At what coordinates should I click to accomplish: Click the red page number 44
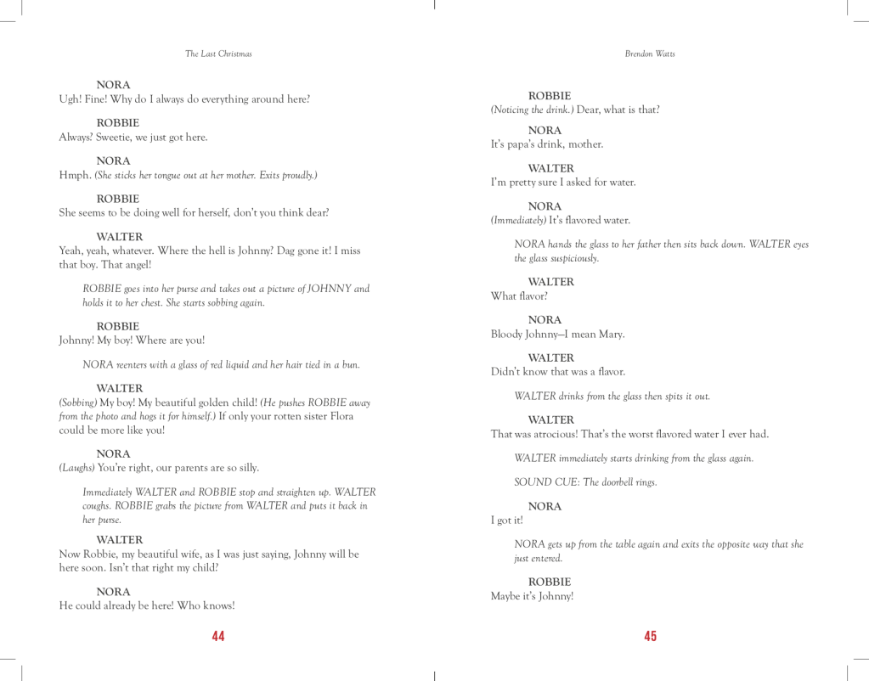[218, 636]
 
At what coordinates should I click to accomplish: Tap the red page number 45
[651, 636]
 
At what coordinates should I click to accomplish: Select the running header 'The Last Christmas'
[218, 53]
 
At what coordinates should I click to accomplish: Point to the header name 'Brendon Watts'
[650, 53]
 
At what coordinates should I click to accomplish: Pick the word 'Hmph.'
[74, 176]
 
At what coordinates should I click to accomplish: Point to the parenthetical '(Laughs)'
[76, 468]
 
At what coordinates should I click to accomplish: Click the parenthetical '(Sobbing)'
[78, 402]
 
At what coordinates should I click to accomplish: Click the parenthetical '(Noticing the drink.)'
[532, 110]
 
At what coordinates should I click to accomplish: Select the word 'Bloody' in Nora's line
[508, 335]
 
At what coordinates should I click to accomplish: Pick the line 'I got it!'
[507, 521]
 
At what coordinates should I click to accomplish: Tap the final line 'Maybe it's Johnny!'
[532, 596]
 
